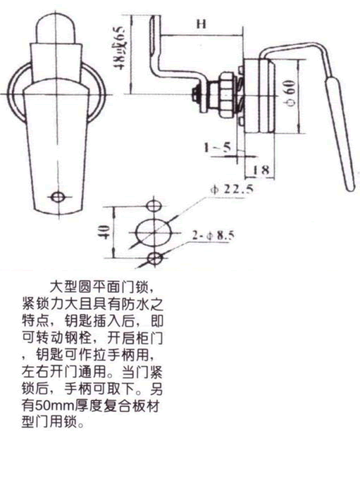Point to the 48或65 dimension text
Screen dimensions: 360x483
click(x=119, y=48)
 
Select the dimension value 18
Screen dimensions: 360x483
click(x=261, y=170)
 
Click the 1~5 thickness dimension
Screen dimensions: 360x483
click(x=217, y=148)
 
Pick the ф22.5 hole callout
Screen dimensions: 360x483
click(x=232, y=189)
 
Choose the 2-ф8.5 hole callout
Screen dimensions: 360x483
click(x=213, y=236)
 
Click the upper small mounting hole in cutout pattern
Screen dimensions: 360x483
click(x=154, y=206)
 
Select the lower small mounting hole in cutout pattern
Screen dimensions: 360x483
click(x=154, y=258)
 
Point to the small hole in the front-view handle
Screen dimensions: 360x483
click(x=57, y=196)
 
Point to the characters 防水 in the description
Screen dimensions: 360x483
click(x=135, y=304)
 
